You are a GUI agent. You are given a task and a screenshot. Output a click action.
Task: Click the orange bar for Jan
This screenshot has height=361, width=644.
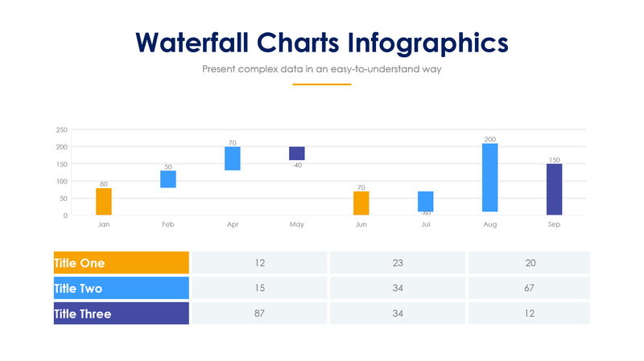[x=103, y=202]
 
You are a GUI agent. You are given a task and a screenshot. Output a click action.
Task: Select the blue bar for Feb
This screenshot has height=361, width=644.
[x=167, y=178]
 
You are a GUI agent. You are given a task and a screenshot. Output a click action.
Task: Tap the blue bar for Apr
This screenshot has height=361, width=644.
[x=232, y=158]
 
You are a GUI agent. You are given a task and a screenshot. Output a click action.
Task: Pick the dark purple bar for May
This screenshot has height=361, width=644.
[x=296, y=154]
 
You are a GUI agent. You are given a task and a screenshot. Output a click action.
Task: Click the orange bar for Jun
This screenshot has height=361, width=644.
[x=361, y=203]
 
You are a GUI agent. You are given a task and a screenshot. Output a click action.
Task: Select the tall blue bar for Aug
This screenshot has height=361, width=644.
[x=489, y=178]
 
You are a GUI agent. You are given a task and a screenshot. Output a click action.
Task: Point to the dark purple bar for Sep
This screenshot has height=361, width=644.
[x=554, y=190]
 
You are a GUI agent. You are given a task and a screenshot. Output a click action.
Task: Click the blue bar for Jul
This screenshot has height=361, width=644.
[x=425, y=201]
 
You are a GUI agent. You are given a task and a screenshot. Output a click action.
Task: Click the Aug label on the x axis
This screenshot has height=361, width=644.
[x=489, y=224]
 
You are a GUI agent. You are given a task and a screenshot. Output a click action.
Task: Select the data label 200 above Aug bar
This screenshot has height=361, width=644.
[x=489, y=139]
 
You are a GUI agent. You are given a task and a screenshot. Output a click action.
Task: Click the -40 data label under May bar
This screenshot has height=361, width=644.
[x=296, y=166]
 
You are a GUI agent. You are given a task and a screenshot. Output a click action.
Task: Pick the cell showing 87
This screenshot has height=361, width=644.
[x=259, y=314]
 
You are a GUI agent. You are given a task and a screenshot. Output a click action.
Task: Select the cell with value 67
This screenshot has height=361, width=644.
[x=529, y=288]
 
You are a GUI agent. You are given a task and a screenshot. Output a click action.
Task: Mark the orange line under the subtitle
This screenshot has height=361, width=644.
[x=321, y=84]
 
